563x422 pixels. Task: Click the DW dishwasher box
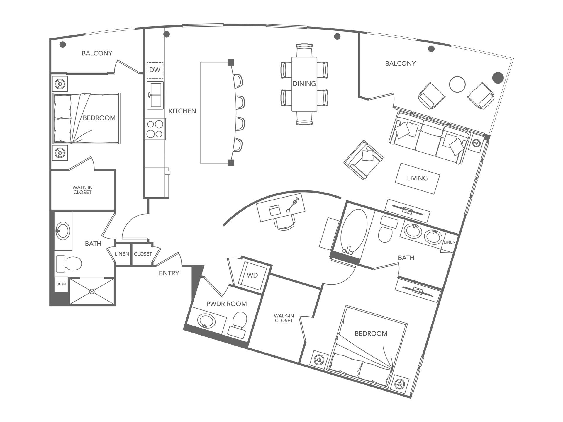[155, 70]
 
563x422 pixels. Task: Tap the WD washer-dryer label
[252, 275]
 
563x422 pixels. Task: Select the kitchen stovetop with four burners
[155, 129]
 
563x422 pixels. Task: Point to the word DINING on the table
[304, 84]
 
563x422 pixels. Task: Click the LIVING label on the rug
[417, 178]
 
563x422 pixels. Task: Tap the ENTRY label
[169, 273]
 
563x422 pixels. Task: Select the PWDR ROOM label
[226, 304]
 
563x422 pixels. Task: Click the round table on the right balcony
[457, 84]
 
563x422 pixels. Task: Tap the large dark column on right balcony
[498, 78]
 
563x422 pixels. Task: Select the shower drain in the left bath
[92, 291]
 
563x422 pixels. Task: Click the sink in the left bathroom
[62, 231]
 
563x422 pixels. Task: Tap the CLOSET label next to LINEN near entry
[143, 254]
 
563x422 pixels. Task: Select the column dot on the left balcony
[62, 45]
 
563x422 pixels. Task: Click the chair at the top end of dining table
[304, 50]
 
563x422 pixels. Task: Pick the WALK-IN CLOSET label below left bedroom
[82, 190]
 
